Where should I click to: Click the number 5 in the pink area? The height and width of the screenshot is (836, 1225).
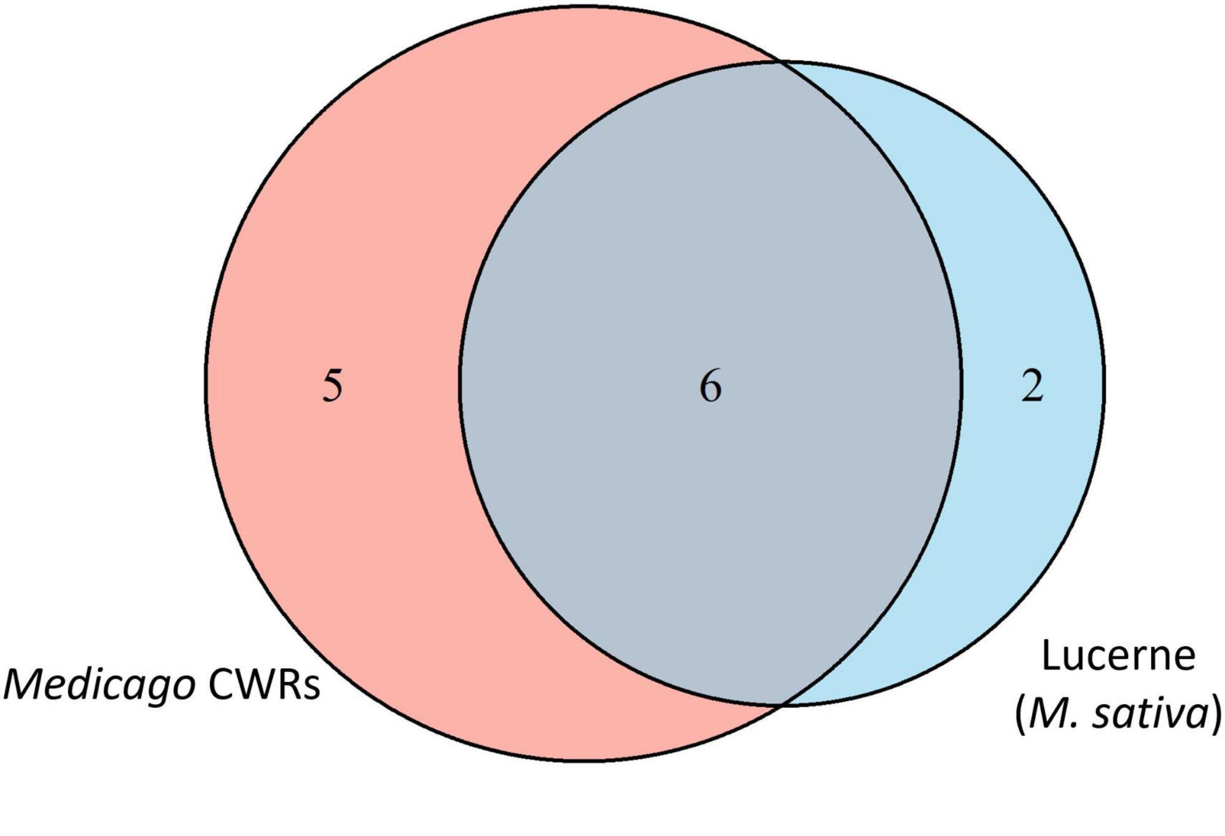[x=332, y=387]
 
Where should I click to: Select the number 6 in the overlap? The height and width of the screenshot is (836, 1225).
[x=710, y=387]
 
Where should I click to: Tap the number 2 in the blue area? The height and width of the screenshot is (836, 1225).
[x=1032, y=387]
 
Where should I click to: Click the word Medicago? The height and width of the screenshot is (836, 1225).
[x=100, y=686]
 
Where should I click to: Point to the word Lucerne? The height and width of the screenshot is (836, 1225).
[x=1118, y=656]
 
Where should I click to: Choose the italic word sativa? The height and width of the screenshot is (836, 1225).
[x=1149, y=714]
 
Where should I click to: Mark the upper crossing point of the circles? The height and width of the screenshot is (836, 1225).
[x=779, y=61]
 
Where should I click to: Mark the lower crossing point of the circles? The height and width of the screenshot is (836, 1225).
[x=780, y=706]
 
